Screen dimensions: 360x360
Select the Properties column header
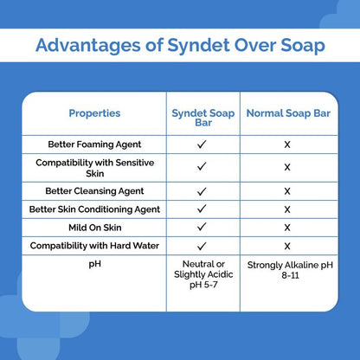click(94, 112)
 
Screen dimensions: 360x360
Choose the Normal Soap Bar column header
click(286, 112)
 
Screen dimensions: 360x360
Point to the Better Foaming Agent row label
click(94, 144)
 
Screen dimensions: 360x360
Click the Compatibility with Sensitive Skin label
click(94, 167)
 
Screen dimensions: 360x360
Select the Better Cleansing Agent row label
click(94, 190)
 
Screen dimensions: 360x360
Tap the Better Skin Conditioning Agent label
click(94, 209)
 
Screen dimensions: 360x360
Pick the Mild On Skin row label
click(94, 227)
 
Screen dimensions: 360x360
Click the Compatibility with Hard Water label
click(94, 245)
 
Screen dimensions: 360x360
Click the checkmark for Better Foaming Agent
click(201, 144)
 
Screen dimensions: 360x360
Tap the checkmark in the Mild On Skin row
click(201, 227)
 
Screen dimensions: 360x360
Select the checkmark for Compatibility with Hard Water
click(201, 245)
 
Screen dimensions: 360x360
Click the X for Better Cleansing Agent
click(286, 190)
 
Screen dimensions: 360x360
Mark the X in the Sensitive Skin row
click(286, 167)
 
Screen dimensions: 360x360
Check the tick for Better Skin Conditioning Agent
click(201, 209)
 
